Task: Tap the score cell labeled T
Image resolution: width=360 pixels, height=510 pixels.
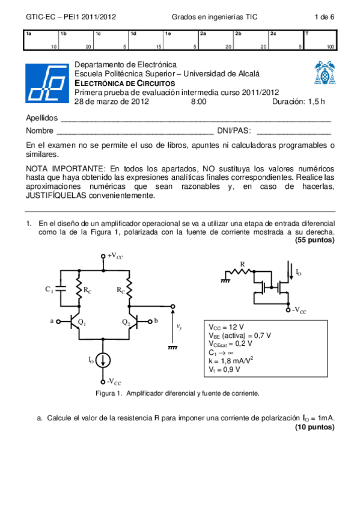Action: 320,40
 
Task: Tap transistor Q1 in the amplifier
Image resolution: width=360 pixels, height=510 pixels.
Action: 78,322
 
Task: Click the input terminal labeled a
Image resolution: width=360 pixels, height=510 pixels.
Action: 52,321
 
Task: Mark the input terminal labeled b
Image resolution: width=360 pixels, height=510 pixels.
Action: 156,321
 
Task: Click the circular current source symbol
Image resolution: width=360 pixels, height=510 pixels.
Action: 105,360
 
